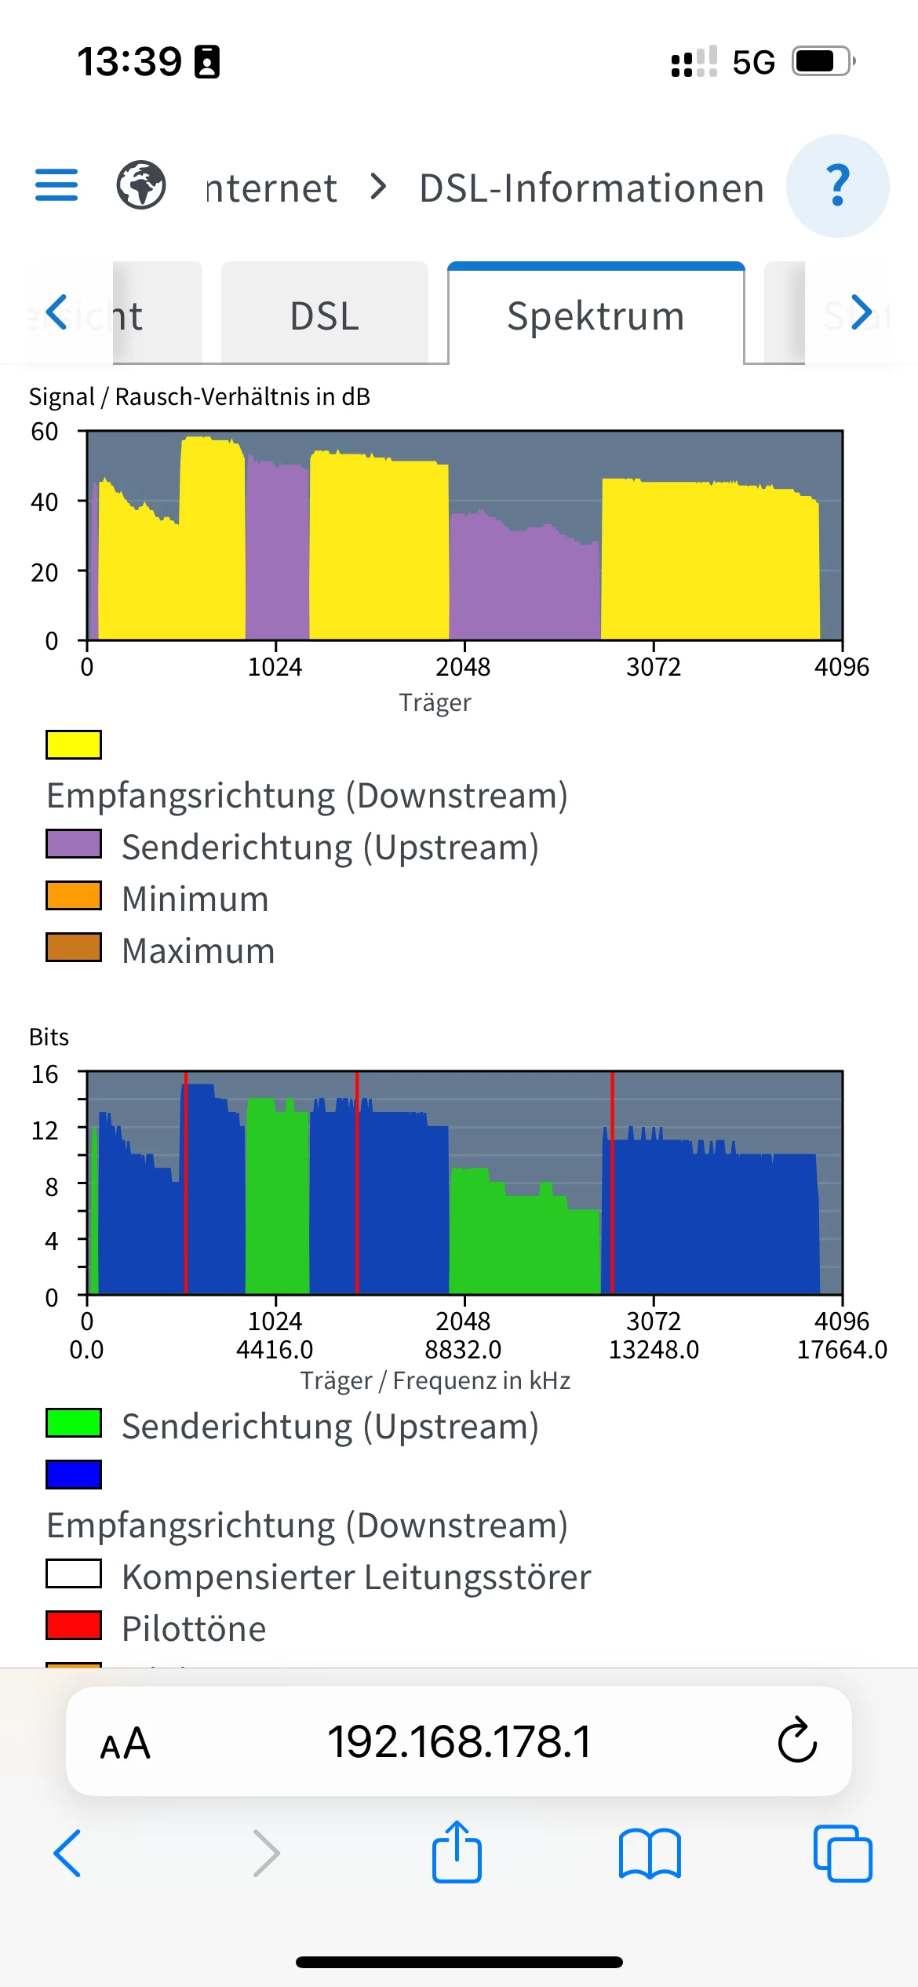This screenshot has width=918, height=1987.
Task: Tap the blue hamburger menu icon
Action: [56, 185]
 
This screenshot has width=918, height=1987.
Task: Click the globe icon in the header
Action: [141, 185]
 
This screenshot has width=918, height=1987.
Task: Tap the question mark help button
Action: [837, 186]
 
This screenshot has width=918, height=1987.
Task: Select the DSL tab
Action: [324, 315]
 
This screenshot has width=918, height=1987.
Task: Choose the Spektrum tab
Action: [596, 315]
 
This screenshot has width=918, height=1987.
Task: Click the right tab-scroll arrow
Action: [861, 312]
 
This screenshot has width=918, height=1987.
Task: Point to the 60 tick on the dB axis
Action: [45, 432]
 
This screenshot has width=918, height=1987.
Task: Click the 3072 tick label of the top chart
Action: [653, 667]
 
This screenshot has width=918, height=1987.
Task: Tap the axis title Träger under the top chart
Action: [435, 702]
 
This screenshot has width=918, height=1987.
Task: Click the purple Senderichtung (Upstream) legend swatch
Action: [74, 844]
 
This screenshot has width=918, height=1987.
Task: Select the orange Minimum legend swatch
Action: [74, 896]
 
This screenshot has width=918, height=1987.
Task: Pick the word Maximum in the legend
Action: [199, 950]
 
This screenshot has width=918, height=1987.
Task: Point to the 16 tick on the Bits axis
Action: [45, 1074]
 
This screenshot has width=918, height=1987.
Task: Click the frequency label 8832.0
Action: [463, 1350]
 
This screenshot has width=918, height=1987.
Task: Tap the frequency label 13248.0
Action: [654, 1350]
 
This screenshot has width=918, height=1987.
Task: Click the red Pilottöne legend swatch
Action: [74, 1625]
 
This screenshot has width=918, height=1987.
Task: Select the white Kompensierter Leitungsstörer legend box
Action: [74, 1573]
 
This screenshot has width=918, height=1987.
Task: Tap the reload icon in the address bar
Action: [797, 1741]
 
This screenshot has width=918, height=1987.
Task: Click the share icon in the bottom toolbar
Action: [457, 1853]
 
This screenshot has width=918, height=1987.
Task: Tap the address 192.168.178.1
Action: [459, 1742]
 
